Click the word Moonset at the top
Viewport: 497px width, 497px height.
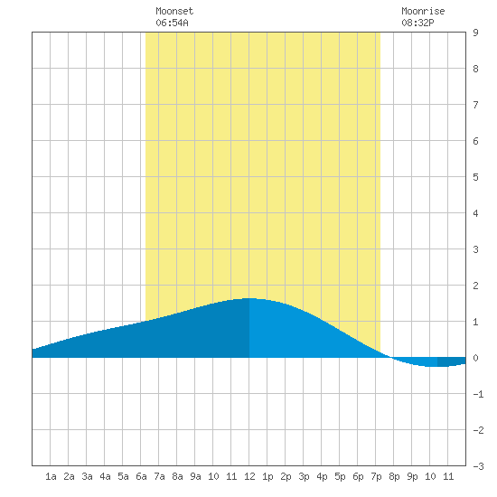tap(174, 12)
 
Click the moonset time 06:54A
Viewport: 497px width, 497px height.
tap(172, 23)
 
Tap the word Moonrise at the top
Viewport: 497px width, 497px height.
tap(423, 12)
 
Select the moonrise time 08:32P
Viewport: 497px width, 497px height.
tap(417, 23)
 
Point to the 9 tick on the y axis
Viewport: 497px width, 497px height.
tap(475, 33)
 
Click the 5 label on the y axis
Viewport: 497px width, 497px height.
tap(475, 177)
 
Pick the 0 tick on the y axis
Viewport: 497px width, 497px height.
tap(475, 358)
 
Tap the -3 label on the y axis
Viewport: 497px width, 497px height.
tap(478, 466)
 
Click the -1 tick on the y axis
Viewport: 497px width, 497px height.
tap(478, 394)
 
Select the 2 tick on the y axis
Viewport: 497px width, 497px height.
tap(475, 286)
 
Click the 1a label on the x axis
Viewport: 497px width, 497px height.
tap(51, 476)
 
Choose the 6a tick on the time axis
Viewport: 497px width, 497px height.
tap(141, 476)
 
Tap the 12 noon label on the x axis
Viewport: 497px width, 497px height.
tap(249, 476)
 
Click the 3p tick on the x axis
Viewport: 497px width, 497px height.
tap(304, 476)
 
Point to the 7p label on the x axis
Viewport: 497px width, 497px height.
tap(376, 476)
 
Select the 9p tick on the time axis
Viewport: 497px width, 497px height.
tap(412, 476)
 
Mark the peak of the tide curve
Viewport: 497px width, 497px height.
tap(248, 298)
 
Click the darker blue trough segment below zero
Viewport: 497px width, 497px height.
tap(451, 362)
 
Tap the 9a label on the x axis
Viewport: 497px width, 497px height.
tap(195, 476)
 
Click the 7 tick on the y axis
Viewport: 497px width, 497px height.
tap(475, 105)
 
